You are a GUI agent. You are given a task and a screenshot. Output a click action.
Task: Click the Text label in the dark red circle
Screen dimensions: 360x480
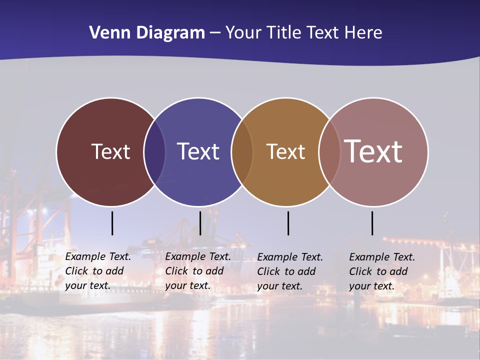(110, 151)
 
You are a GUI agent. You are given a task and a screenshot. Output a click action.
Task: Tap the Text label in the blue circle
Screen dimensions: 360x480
(198, 151)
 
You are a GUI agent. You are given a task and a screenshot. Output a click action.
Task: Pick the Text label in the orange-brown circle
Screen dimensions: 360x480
(285, 151)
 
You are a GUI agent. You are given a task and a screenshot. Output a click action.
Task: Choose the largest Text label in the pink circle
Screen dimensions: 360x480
(373, 151)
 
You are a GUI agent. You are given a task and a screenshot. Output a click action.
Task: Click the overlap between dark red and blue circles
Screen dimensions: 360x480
(154, 151)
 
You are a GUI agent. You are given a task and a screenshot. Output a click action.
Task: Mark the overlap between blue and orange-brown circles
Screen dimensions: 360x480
(242, 151)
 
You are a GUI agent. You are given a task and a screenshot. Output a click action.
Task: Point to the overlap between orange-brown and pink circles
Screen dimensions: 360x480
(329, 151)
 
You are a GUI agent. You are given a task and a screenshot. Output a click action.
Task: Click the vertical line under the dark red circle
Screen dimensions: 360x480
(112, 223)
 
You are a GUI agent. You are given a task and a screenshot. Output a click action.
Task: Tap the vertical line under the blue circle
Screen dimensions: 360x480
(200, 223)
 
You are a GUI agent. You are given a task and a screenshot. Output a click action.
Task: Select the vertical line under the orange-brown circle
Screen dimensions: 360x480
(288, 223)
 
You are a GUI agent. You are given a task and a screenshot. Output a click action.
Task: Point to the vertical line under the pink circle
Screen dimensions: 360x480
(372, 223)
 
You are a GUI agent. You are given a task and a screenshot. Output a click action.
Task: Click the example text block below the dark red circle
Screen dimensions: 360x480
(98, 271)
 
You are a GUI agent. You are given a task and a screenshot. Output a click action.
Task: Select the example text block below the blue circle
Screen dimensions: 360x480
(198, 271)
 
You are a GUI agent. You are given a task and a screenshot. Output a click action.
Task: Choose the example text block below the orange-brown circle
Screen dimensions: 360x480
(290, 271)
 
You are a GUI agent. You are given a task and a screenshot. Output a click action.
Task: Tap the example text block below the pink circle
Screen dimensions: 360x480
(382, 271)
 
